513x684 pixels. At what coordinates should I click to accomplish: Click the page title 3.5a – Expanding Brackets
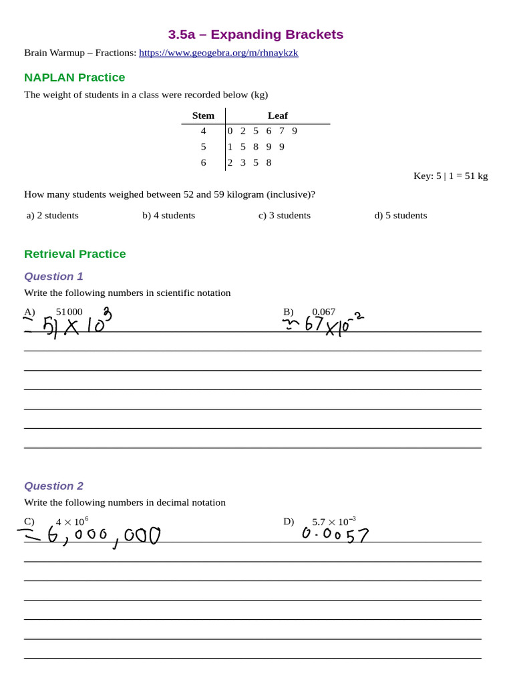coord(255,34)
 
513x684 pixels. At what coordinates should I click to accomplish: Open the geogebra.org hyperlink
coord(218,53)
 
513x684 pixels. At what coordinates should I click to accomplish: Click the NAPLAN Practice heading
coord(74,77)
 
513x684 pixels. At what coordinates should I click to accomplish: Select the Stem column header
coord(203,116)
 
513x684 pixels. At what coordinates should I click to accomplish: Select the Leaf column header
coord(277,116)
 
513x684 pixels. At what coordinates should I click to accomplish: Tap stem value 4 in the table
coord(204,131)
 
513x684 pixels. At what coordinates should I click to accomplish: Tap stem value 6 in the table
coord(204,162)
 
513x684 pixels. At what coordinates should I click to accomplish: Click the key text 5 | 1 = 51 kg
coord(450,176)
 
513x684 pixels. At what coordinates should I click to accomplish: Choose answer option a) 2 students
coord(53,215)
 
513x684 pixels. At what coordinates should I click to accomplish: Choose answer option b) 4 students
coord(168,215)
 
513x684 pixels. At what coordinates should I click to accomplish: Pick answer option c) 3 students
coord(285,215)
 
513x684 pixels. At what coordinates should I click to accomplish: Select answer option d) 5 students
coord(400,215)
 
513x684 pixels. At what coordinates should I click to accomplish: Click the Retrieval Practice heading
coord(75,254)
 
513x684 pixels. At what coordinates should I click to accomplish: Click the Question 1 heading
coord(53,277)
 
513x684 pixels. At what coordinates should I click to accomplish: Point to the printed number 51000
coord(69,312)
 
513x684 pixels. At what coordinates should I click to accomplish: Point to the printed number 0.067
coord(324,312)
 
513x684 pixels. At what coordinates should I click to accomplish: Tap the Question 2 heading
coord(53,486)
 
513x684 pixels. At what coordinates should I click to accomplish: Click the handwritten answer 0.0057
coord(335,534)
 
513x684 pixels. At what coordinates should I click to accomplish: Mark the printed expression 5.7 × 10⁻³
coord(333,522)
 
